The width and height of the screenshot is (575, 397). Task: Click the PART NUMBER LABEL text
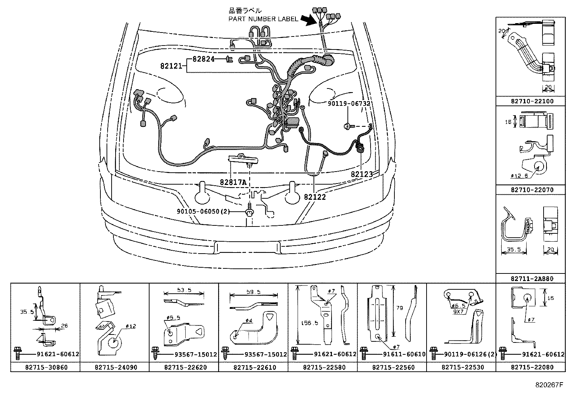263,19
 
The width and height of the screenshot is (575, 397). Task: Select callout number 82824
203,59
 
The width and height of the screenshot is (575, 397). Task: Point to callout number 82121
173,66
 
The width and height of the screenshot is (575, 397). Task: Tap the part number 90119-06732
349,104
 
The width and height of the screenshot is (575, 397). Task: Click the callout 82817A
233,182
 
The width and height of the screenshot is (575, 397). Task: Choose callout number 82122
315,197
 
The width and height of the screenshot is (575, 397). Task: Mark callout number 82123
362,174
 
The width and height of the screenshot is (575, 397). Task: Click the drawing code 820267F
549,385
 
